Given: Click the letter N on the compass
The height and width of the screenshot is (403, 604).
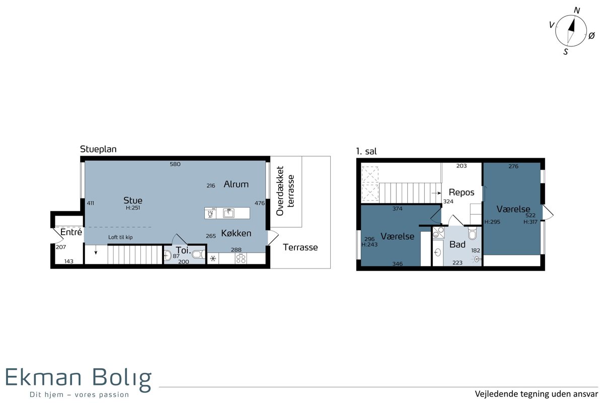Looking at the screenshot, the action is [576, 10].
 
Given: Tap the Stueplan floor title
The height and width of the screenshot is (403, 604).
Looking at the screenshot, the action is [98, 149].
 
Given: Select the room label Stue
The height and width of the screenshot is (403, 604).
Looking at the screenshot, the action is [133, 200].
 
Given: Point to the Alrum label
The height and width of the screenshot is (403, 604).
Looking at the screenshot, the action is [236, 184].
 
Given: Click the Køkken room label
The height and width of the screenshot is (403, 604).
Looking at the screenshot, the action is [236, 233].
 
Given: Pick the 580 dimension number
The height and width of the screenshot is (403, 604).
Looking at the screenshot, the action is [175, 164].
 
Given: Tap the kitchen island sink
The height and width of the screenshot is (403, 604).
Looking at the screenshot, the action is [229, 213].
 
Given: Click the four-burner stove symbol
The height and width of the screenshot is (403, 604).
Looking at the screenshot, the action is [241, 259].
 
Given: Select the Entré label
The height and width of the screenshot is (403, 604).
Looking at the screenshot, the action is [71, 232].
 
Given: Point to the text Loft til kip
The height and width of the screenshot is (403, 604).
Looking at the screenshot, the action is [120, 237].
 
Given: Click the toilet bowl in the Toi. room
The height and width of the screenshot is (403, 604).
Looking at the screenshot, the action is [199, 254].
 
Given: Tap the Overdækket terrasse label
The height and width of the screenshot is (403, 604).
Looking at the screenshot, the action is [285, 191].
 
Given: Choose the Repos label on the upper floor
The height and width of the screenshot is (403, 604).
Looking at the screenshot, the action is [462, 192].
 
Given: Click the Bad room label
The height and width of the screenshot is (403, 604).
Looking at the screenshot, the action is [458, 244].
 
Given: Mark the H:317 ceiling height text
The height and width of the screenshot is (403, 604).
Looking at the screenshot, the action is [531, 222].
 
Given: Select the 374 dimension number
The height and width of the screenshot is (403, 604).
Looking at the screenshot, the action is [398, 209].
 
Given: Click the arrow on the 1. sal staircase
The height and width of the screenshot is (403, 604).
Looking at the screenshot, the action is [436, 193].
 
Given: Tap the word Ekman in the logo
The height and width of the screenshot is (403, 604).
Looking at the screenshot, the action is [43, 377].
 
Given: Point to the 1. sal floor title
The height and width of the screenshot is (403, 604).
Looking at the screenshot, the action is [366, 152].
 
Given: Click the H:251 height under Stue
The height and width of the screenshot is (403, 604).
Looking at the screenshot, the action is [133, 208].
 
